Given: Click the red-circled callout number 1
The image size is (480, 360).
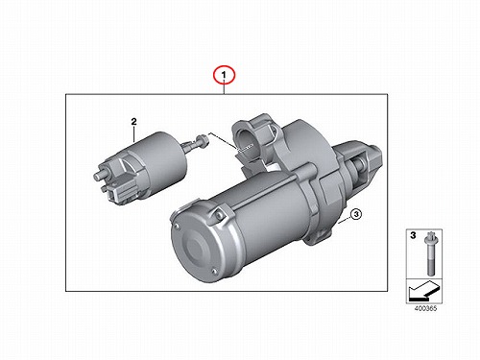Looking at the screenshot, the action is (x=224, y=75).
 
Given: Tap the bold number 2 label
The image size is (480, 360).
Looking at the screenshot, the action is (x=133, y=122).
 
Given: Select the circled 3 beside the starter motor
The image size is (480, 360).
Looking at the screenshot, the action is (x=356, y=214).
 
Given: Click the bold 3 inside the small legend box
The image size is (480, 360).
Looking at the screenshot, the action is (x=413, y=235).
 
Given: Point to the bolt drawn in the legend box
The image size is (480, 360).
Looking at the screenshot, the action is (x=429, y=254).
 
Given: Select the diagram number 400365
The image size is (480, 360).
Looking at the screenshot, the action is (x=425, y=309).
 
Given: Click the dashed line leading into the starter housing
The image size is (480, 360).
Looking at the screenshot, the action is (x=230, y=142).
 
